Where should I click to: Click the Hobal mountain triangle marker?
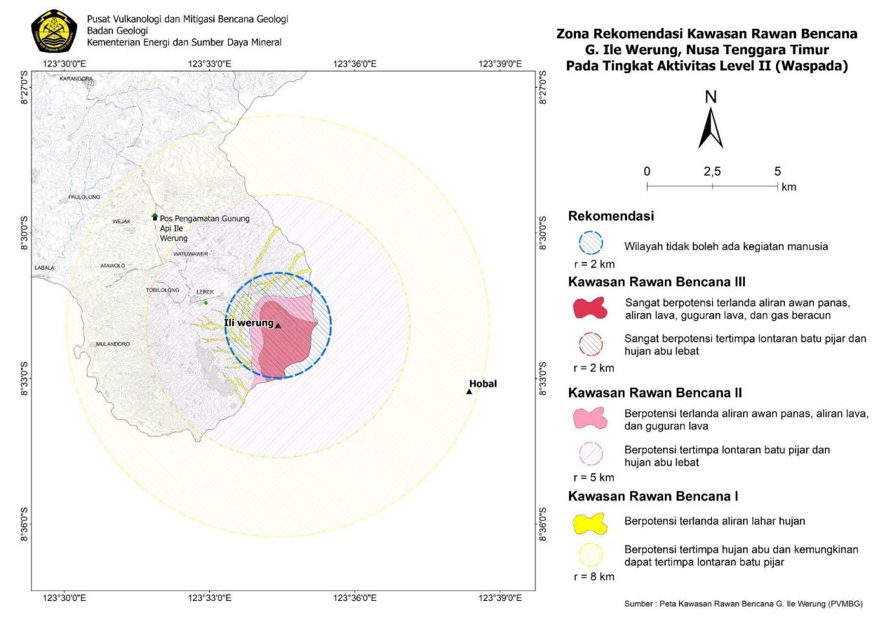pos(469,391)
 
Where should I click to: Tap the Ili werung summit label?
pos(248,322)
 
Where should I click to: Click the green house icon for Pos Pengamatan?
pos(155,216)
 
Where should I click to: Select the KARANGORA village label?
pos(76,79)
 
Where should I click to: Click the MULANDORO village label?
pos(113,344)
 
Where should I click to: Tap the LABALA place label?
pos(43,267)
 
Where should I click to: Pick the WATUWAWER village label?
pos(191,253)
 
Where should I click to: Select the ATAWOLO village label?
pos(112,265)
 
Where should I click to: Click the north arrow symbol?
pos(711,126)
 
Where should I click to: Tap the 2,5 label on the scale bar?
pos(711,171)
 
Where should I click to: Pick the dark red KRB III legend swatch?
pos(593,307)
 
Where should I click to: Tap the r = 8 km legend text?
pos(593,577)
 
